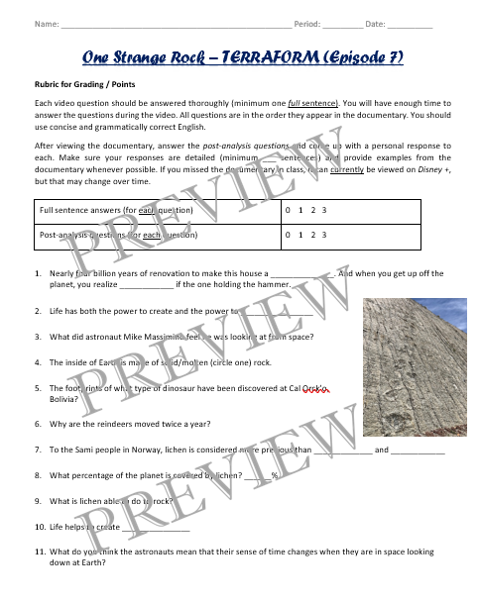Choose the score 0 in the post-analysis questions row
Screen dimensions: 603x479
[x=287, y=236]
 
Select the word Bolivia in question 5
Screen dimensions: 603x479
[x=66, y=397]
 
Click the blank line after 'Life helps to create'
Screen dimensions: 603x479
[x=156, y=528]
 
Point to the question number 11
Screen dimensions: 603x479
[x=39, y=551]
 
